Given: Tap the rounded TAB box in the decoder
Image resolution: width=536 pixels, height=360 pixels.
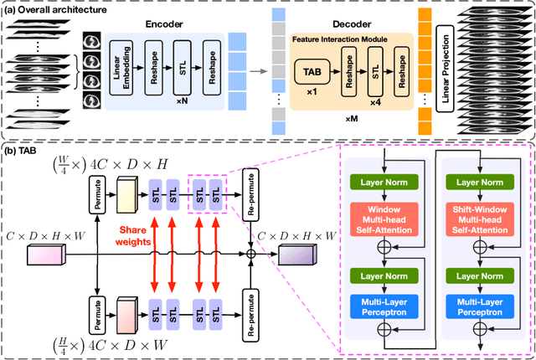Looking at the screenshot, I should (x=307, y=75).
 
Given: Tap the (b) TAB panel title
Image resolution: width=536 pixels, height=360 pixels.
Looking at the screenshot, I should (x=24, y=152).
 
